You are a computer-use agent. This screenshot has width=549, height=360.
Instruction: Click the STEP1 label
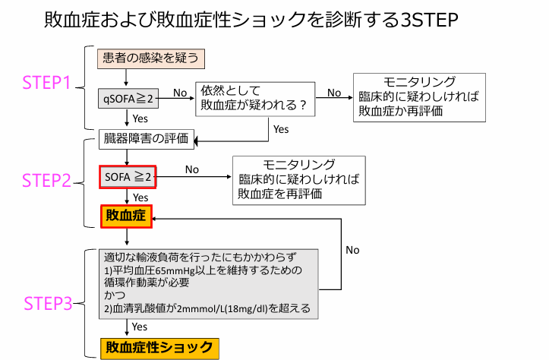46,84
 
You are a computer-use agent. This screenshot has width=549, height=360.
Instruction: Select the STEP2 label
46,181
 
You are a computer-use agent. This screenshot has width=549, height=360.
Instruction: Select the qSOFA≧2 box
127,99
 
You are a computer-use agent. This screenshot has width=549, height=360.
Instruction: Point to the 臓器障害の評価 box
148,139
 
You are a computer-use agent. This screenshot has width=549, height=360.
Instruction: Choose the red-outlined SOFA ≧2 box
128,177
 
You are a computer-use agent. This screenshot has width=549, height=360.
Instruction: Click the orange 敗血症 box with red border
127,216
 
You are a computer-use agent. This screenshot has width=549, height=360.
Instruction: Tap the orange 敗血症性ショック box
160,348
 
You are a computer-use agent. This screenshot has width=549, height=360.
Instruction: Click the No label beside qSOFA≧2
180,93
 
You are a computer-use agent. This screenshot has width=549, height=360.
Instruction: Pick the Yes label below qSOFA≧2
140,118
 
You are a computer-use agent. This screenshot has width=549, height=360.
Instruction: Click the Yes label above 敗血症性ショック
140,327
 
